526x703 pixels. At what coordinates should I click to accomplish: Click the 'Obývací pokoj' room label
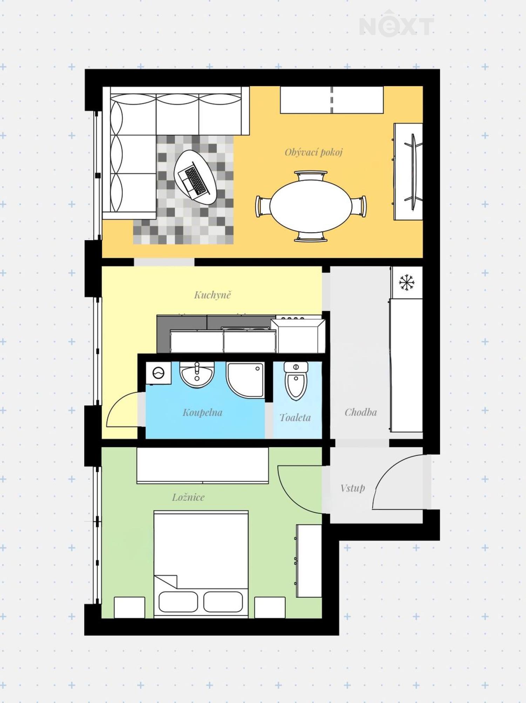point(313,152)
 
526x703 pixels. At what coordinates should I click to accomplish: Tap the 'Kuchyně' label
point(213,295)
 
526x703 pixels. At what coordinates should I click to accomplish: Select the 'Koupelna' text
point(202,412)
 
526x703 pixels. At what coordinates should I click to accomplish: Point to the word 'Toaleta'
point(295,417)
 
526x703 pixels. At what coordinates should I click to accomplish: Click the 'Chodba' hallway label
point(360,412)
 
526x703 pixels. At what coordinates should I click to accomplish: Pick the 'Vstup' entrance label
point(352,488)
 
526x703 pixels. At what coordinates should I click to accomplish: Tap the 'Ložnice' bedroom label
point(188,497)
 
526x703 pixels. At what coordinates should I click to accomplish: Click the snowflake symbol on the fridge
point(406,282)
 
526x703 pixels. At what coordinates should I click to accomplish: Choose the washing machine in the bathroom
point(159,373)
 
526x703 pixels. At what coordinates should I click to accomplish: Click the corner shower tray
point(245,380)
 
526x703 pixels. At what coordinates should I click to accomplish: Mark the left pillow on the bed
point(178,602)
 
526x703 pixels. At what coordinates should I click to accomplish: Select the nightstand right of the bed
point(270,607)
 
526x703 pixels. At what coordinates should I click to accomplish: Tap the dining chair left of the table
point(263,206)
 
